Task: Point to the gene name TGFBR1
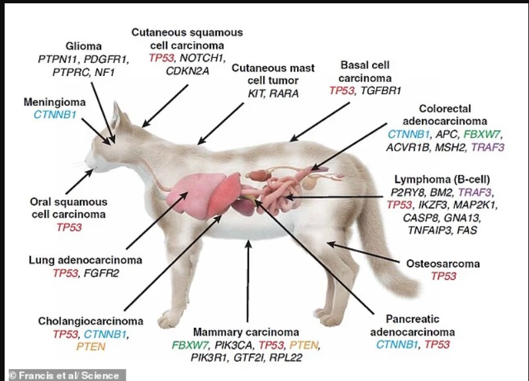(381, 90)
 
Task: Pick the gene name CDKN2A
(179, 71)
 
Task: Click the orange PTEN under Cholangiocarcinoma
(91, 347)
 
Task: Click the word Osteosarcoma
(444, 263)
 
